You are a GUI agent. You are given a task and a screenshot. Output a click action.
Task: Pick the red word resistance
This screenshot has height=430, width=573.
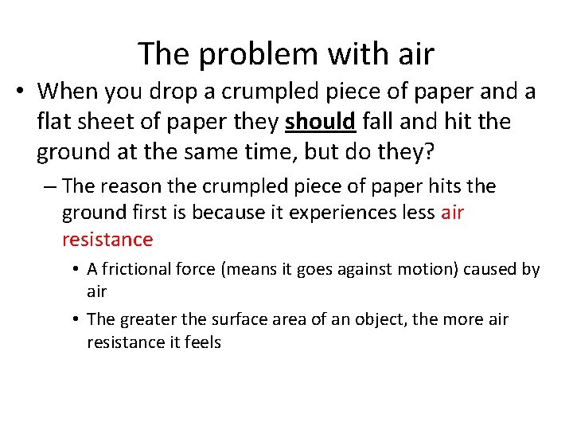click(107, 239)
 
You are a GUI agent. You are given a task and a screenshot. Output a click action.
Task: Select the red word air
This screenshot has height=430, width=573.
click(451, 213)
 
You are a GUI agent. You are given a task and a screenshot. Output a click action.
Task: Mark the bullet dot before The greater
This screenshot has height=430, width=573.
click(76, 319)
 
